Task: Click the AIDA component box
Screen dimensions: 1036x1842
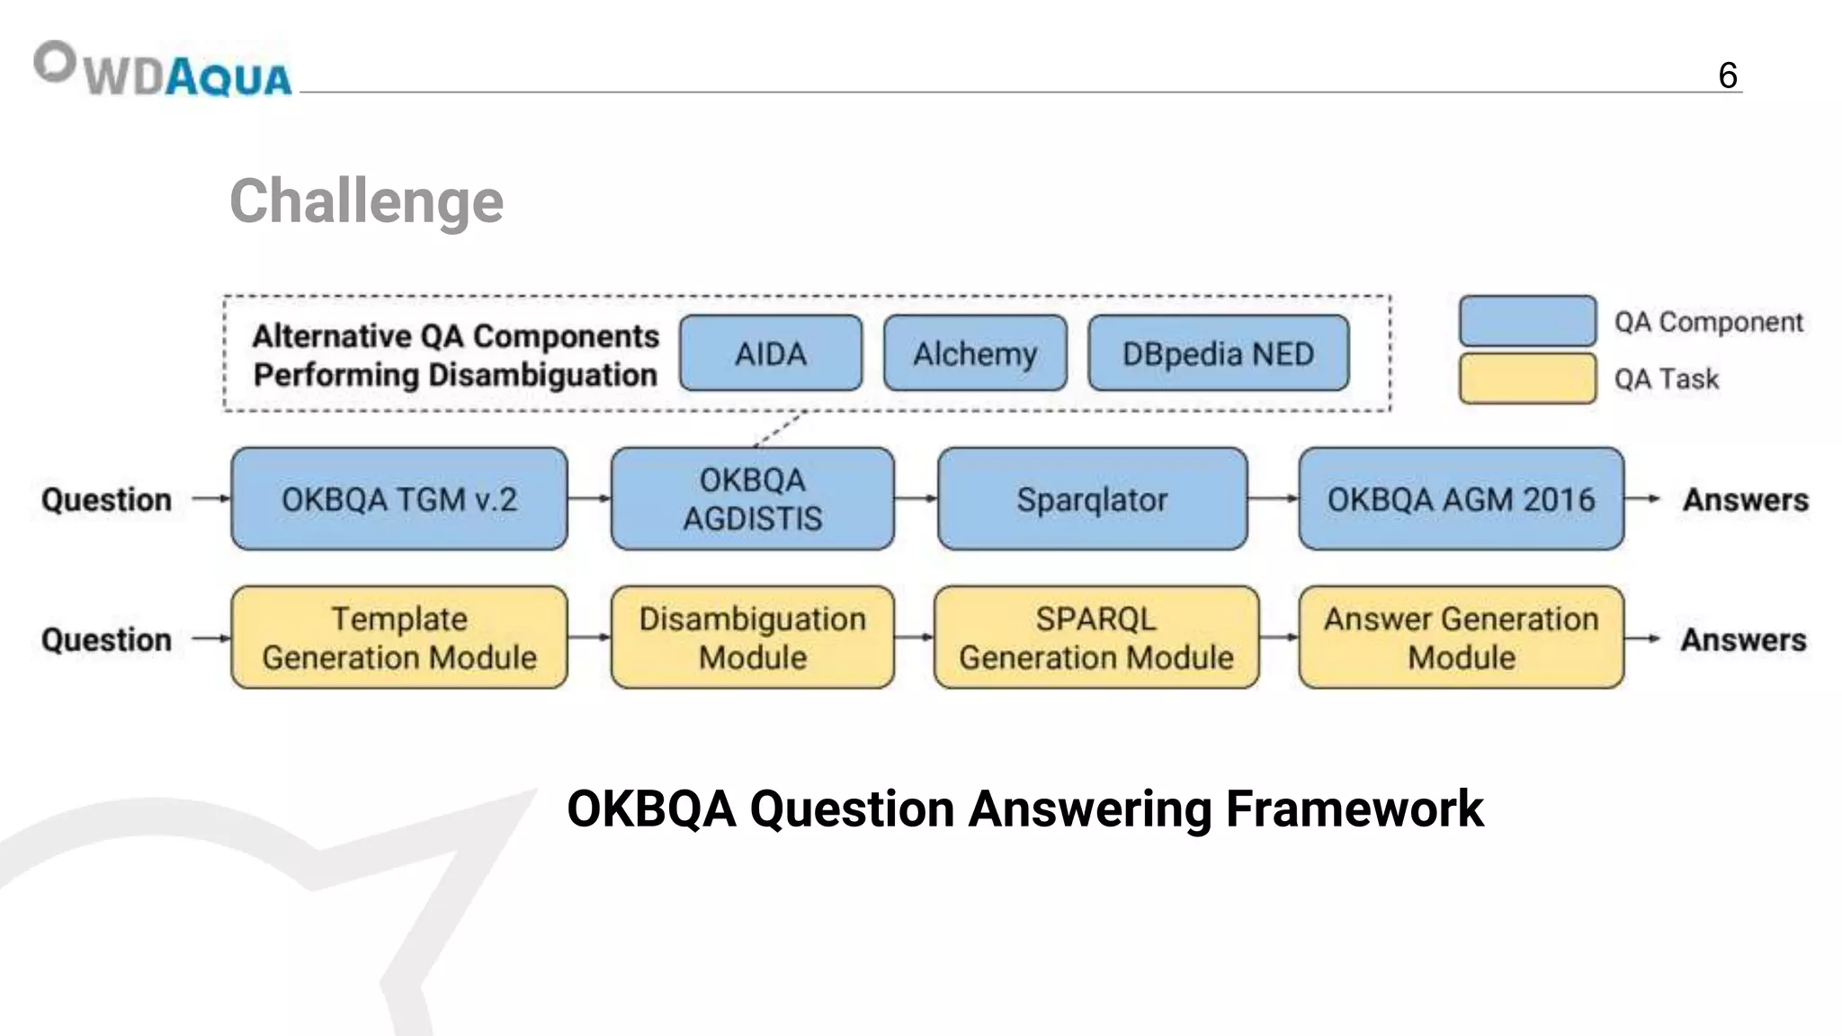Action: point(771,353)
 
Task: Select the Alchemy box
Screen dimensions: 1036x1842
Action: point(975,353)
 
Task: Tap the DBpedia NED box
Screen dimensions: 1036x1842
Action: point(1218,353)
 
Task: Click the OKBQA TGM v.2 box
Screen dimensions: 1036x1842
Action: point(399,499)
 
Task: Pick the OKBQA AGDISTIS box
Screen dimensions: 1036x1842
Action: point(753,499)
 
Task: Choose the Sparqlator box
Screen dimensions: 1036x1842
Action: point(1092,499)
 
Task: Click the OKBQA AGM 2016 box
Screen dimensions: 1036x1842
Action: point(1461,499)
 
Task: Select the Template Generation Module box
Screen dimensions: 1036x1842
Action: point(399,638)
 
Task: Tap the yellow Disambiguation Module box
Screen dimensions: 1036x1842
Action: point(753,638)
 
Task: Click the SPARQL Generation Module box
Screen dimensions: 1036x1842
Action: point(1095,638)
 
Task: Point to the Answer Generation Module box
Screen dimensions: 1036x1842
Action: point(1461,638)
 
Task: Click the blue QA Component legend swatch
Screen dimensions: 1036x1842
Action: point(1527,321)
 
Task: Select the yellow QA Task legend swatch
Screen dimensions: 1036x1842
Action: point(1527,379)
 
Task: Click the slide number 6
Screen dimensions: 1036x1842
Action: point(1727,76)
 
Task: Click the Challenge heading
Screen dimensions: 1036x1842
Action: point(366,201)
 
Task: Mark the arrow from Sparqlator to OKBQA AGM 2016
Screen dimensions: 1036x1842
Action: point(1273,498)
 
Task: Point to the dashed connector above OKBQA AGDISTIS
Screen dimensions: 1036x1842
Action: point(779,429)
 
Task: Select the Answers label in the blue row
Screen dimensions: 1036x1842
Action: point(1745,499)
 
